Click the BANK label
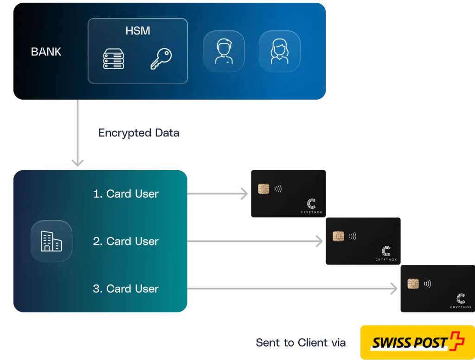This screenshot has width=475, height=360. pos(46,51)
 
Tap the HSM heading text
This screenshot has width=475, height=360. pos(138,32)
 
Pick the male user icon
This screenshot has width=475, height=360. pos(224,51)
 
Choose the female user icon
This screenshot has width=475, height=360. pos(279,51)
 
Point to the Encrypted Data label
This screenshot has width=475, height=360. pos(139,133)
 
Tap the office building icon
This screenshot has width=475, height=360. pos(51,241)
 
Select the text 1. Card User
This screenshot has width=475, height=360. pos(126,193)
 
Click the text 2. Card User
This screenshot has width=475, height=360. pos(126,241)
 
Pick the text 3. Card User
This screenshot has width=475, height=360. pos(126,289)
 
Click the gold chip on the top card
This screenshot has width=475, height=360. pos(263,189)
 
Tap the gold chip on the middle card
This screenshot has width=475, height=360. pos(338,236)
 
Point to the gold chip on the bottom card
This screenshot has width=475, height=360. pos(413,283)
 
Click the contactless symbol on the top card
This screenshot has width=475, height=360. pos(278,189)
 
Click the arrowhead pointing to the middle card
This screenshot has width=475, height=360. pos(319,241)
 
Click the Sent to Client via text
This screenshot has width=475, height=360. pos(301,343)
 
